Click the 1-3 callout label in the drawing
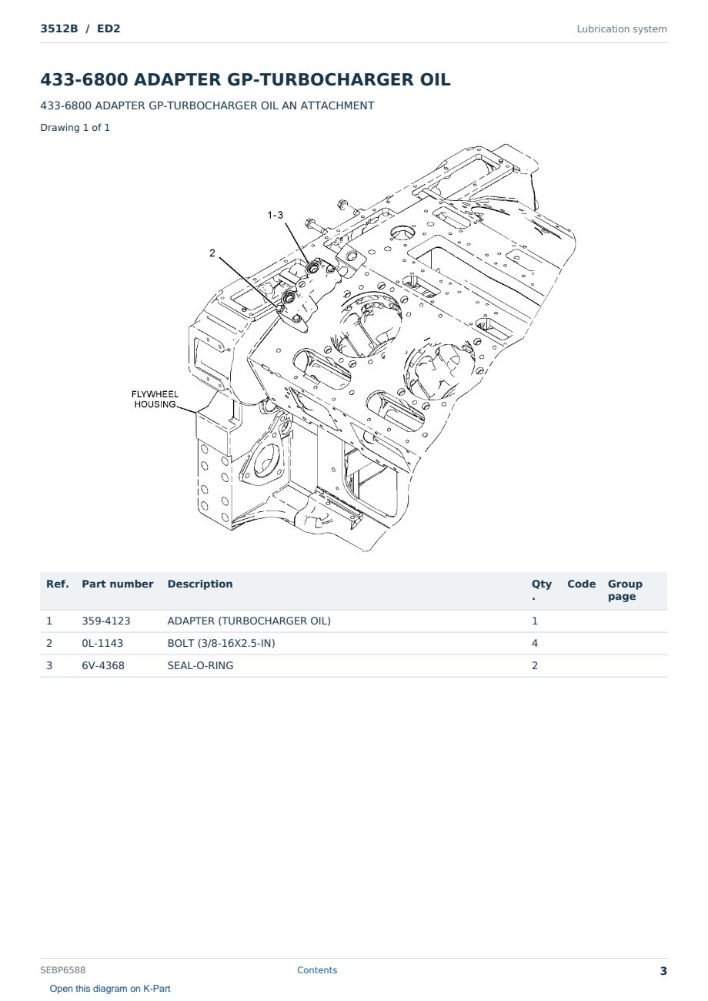[276, 215]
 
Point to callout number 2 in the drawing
[212, 253]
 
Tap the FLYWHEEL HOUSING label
[155, 399]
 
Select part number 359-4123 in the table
[106, 621]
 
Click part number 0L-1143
[102, 643]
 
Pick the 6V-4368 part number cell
[103, 665]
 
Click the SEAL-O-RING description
[200, 665]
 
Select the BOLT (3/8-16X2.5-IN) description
[221, 643]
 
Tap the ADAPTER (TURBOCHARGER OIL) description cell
[249, 621]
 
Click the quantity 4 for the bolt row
[535, 643]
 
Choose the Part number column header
[118, 584]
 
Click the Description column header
[200, 584]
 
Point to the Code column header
[581, 584]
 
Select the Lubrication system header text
[622, 29]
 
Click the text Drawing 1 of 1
[75, 127]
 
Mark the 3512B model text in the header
[59, 28]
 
